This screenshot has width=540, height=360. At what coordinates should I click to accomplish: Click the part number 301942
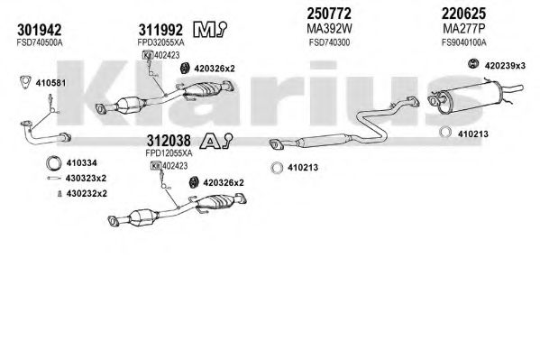[x=40, y=30]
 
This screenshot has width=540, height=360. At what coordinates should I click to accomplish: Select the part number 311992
[x=160, y=30]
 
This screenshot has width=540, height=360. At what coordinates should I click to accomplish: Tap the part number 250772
[x=329, y=14]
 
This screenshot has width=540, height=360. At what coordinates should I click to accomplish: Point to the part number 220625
[x=463, y=14]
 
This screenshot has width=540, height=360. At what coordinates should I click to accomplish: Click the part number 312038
[x=169, y=141]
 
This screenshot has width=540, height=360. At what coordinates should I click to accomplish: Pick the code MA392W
[x=329, y=29]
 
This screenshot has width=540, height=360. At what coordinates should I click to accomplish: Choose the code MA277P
[x=463, y=29]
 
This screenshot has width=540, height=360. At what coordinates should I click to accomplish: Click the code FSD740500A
[x=40, y=42]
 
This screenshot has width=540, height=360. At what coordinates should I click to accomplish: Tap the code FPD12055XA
[x=169, y=152]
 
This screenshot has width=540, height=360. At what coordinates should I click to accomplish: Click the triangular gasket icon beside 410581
[x=25, y=82]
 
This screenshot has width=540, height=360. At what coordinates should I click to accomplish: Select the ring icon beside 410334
[x=54, y=163]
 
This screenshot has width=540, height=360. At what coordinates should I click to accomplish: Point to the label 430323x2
[x=87, y=179]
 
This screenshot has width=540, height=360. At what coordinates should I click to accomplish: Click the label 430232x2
[x=87, y=193]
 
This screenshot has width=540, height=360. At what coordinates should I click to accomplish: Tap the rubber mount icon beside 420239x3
[x=473, y=64]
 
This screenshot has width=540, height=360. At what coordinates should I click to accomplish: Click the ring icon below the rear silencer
[x=445, y=132]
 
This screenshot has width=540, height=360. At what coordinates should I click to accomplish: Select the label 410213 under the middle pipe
[x=303, y=168]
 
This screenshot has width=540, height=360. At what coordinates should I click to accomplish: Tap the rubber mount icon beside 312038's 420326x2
[x=194, y=182]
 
